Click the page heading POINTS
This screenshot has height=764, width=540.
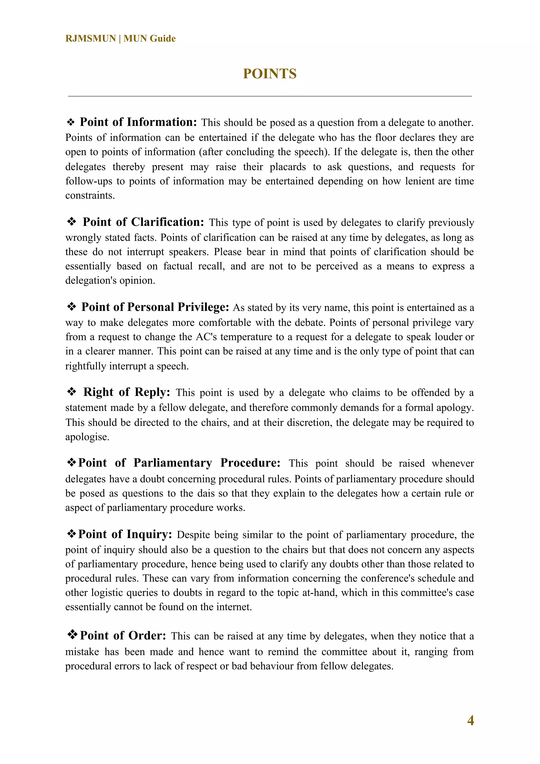pyautogui.click(x=269, y=74)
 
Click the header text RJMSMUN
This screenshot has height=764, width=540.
pyautogui.click(x=90, y=39)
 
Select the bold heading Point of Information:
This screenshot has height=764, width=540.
pyautogui.click(x=138, y=122)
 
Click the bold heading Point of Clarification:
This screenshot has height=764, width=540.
pyautogui.click(x=143, y=222)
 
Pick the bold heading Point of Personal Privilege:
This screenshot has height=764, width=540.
pyautogui.click(x=155, y=307)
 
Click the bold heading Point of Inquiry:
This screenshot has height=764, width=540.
pyautogui.click(x=125, y=534)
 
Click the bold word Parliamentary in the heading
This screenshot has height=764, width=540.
pyautogui.click(x=173, y=463)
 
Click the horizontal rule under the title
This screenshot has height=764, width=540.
pyautogui.click(x=269, y=96)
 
